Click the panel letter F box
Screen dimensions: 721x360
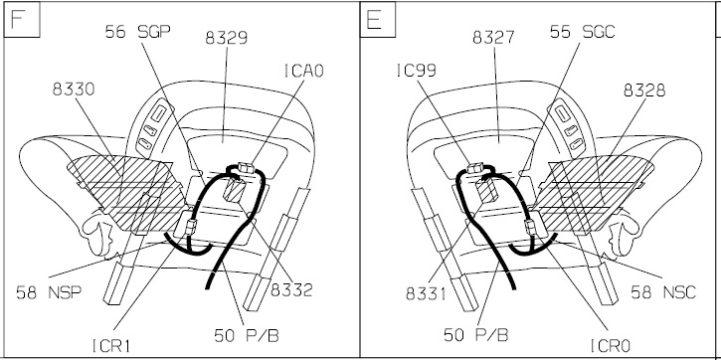click(x=22, y=20)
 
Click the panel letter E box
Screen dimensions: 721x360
click(x=378, y=20)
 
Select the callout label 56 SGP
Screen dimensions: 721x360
click(x=138, y=32)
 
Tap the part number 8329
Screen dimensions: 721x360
click(x=226, y=38)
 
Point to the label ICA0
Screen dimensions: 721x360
click(x=304, y=71)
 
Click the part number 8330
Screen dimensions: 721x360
click(x=74, y=90)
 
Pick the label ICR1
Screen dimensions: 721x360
click(x=111, y=346)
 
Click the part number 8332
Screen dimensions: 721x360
click(x=291, y=290)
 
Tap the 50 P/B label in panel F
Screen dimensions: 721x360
click(x=247, y=335)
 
